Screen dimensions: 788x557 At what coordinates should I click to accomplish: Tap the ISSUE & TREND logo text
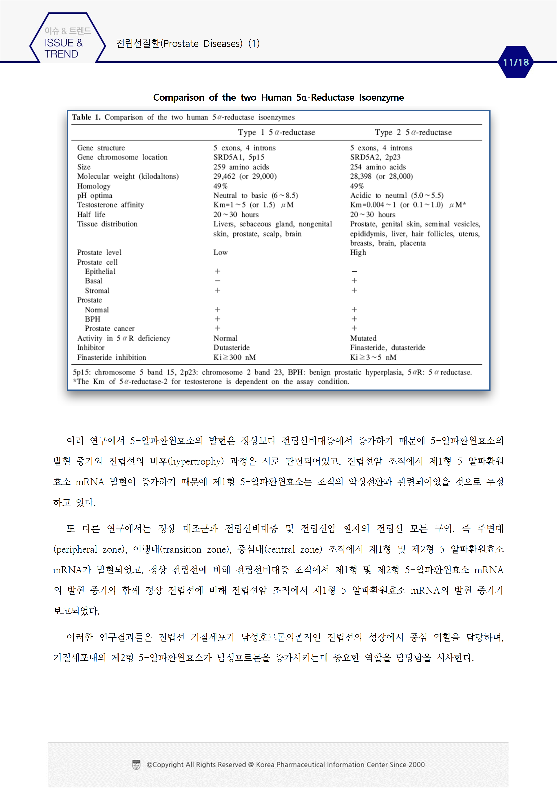tap(64, 48)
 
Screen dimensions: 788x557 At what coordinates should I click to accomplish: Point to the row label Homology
tap(94, 186)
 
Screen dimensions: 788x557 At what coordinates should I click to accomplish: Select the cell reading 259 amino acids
tap(241, 167)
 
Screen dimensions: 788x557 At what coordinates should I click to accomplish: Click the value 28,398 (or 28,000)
tap(381, 176)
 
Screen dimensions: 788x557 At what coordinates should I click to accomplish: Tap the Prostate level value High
tap(358, 252)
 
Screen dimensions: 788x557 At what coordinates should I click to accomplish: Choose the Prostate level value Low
tap(220, 252)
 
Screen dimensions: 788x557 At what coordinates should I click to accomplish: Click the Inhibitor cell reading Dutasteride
tap(231, 348)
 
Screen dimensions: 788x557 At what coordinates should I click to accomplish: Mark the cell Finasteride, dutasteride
tap(387, 348)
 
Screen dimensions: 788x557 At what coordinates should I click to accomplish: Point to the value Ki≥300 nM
tap(234, 357)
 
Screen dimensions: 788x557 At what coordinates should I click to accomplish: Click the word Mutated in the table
tap(363, 338)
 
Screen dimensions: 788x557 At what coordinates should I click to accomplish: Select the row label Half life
tap(91, 215)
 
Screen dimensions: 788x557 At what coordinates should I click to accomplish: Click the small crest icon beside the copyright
tap(136, 765)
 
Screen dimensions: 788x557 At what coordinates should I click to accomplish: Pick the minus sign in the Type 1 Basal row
tap(217, 281)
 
